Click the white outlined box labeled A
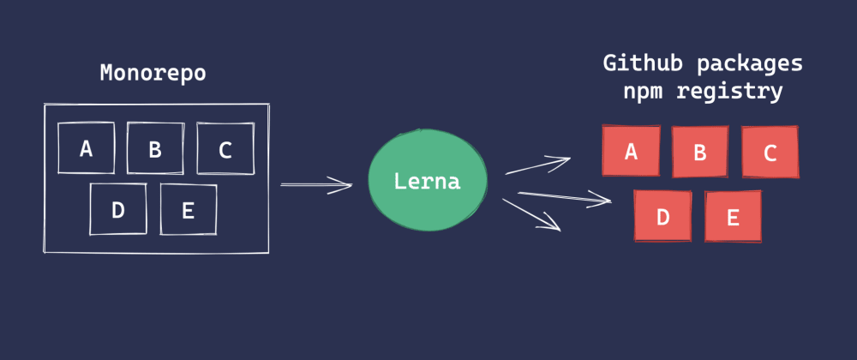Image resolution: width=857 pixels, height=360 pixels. coord(86,148)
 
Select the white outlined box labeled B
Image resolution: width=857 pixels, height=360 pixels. coord(155,149)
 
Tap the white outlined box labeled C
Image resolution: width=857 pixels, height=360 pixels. coord(225,149)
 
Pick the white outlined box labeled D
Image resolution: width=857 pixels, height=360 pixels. coord(118,209)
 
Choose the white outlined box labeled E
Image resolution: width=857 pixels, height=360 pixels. coord(189,209)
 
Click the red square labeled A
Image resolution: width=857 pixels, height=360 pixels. coord(632,152)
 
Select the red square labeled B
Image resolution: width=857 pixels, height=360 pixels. coord(700,153)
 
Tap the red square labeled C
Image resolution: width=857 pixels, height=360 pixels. coord(770,153)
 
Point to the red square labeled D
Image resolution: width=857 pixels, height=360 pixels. coord(662,216)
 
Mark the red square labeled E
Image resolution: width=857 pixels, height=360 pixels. coord(733,216)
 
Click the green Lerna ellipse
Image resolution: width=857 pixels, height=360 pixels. coord(428,181)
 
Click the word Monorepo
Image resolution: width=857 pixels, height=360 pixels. coord(153,73)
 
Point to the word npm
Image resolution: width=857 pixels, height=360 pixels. coord(642,91)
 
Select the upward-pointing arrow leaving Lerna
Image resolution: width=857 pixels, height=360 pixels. coord(537,165)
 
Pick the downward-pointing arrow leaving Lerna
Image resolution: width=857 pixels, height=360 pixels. coord(531,214)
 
